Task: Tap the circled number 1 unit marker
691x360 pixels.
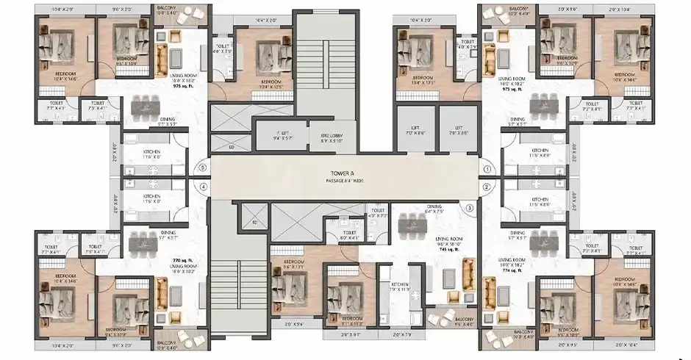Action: point(487,168)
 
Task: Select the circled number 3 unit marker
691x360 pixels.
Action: point(470,207)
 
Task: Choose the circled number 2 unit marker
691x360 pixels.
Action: point(487,187)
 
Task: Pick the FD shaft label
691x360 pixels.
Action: point(254,221)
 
